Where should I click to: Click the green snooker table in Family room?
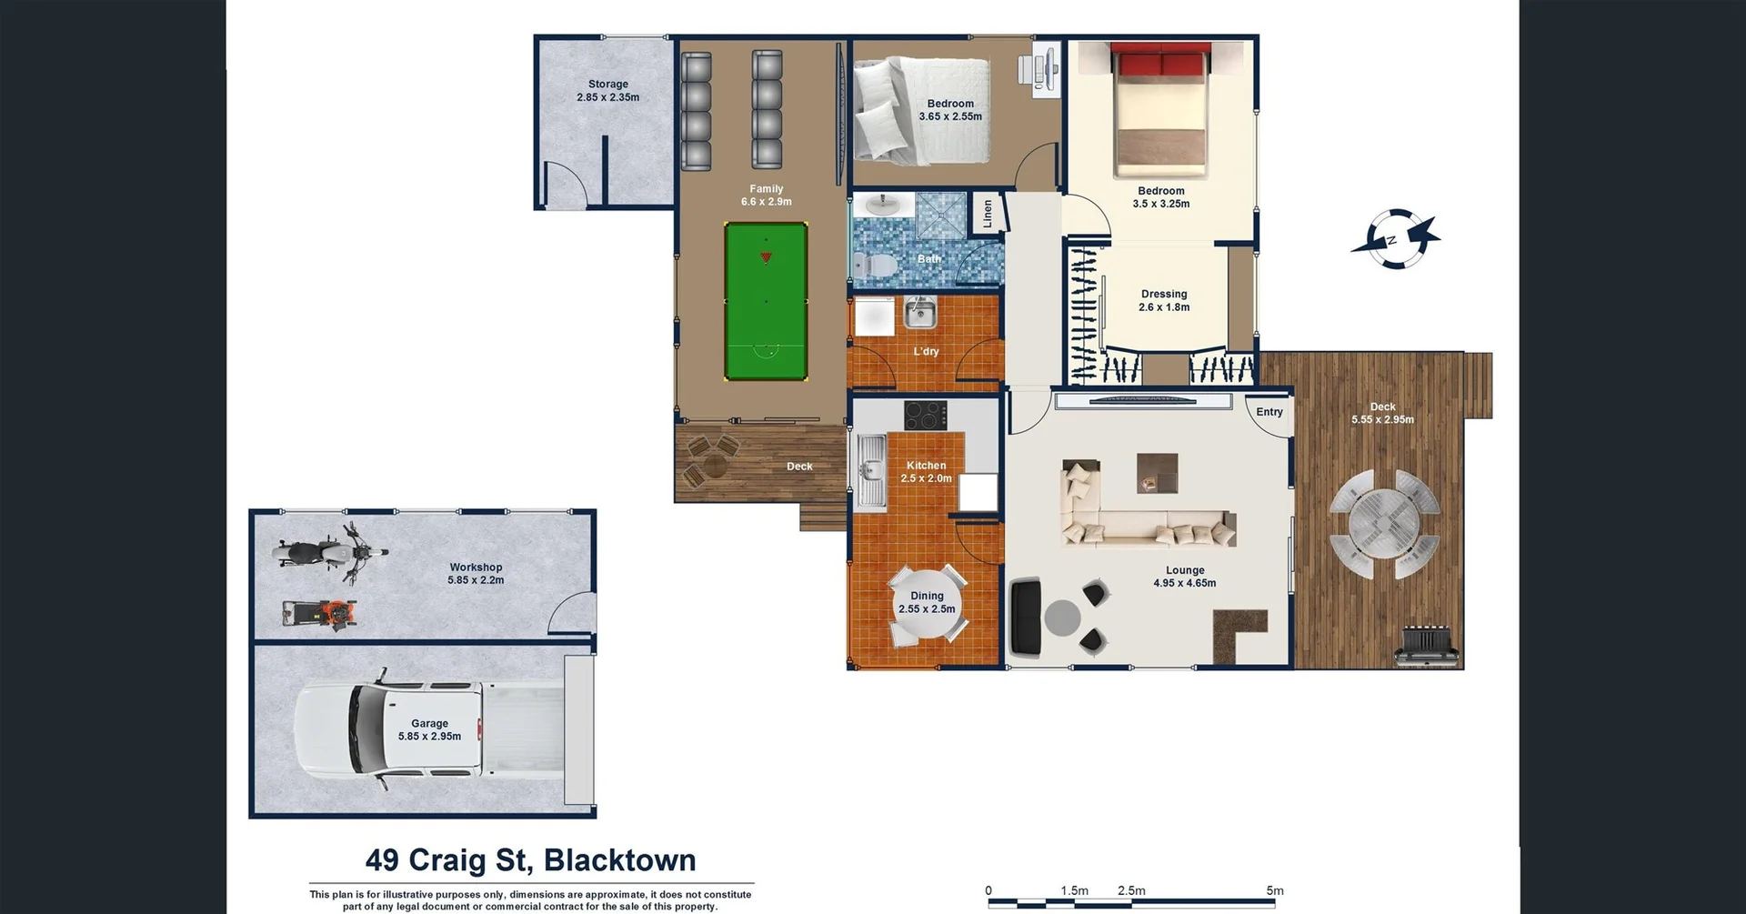pos(766,301)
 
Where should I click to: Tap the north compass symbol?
pos(1394,239)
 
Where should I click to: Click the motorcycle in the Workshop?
pos(329,552)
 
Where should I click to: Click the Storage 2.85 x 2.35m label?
pos(607,90)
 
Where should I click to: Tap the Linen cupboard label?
pos(988,215)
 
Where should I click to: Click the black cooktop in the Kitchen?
pos(925,416)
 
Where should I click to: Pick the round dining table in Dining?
pos(927,603)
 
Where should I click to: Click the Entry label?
pos(1269,412)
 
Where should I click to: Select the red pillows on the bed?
pos(1161,64)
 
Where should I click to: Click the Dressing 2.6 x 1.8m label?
pos(1164,300)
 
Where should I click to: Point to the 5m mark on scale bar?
pos(1274,892)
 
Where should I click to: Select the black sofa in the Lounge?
pos(1027,617)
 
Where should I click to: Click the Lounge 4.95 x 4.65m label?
pos(1184,577)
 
